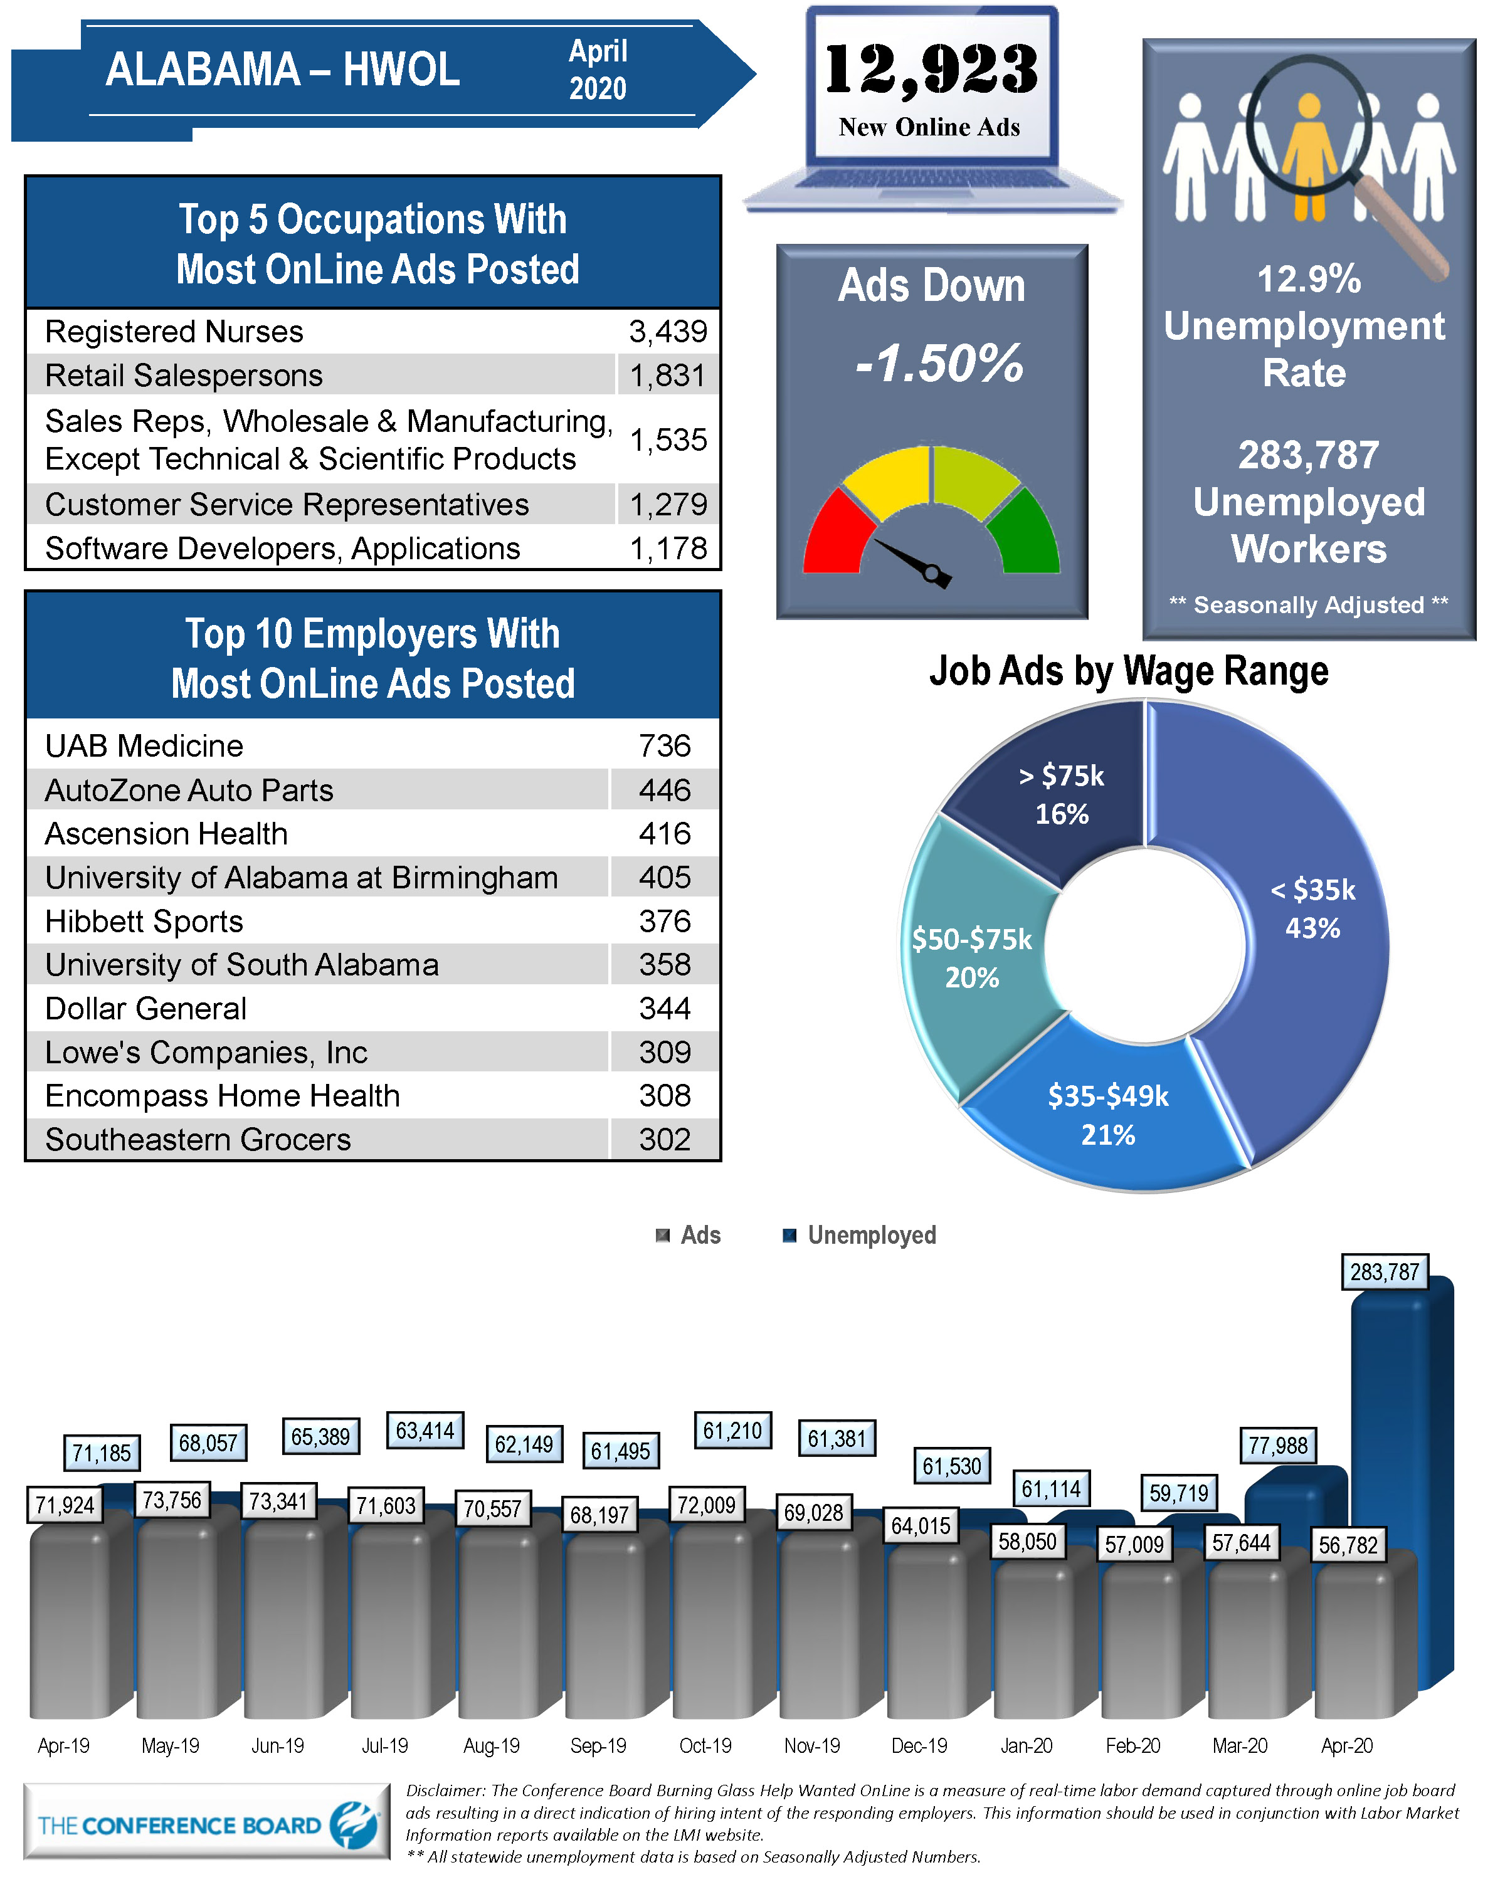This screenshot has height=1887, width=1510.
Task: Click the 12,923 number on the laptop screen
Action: [931, 70]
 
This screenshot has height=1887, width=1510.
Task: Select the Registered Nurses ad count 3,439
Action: [668, 332]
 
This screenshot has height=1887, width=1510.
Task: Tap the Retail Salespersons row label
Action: [184, 376]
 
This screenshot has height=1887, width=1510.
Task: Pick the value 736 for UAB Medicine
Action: [665, 745]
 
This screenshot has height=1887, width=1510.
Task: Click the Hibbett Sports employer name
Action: [144, 921]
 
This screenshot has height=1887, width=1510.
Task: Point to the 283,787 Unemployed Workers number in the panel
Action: [1308, 455]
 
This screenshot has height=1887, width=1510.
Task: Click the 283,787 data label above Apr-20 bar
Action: [1384, 1272]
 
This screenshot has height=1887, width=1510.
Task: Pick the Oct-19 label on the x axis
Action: [705, 1745]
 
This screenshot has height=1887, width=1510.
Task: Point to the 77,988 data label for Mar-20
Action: [1277, 1445]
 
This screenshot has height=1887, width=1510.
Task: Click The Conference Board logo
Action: [206, 1825]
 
